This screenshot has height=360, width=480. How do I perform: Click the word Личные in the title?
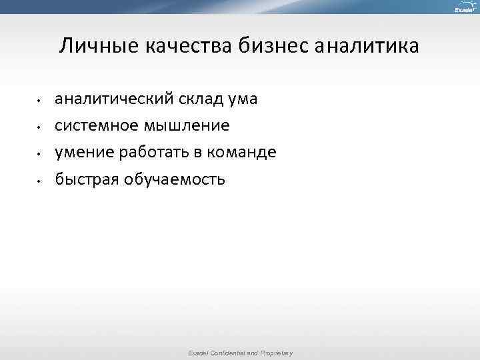pyautogui.click(x=91, y=47)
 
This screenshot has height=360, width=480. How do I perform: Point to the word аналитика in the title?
pyautogui.click(x=367, y=47)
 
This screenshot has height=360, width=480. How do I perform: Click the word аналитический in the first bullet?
pyautogui.click(x=114, y=99)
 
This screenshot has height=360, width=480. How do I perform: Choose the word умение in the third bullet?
pyautogui.click(x=85, y=153)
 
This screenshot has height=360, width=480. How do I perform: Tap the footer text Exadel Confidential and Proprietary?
pyautogui.click(x=241, y=353)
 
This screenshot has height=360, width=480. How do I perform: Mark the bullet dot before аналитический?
pyautogui.click(x=40, y=101)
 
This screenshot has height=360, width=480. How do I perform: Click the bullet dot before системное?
pyautogui.click(x=40, y=127)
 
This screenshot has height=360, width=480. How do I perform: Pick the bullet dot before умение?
pyautogui.click(x=40, y=154)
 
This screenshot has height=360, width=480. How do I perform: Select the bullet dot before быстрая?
pyautogui.click(x=40, y=181)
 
